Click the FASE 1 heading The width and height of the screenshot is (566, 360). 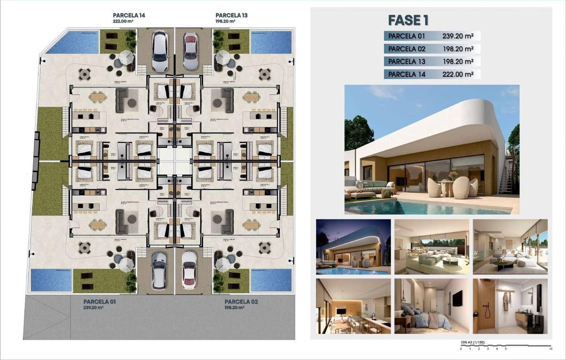(x=408, y=20)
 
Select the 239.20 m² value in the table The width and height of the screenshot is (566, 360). (x=457, y=36)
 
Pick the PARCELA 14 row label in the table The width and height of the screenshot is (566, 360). (x=406, y=74)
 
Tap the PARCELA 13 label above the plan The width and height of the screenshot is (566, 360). (x=231, y=15)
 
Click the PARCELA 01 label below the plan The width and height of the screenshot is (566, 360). (x=99, y=302)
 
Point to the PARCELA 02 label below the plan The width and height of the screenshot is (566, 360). (x=241, y=302)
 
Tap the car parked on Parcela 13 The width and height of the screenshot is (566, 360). (x=190, y=52)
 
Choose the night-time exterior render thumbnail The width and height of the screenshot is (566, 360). (x=353, y=247)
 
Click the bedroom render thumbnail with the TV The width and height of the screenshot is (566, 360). (x=432, y=306)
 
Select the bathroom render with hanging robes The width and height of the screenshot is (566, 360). (x=510, y=306)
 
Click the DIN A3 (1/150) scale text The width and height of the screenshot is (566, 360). (x=473, y=342)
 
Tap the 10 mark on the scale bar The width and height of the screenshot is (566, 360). (x=551, y=349)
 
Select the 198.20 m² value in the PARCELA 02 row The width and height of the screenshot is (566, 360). (x=458, y=49)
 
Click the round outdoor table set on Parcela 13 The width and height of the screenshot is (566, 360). (x=265, y=74)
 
